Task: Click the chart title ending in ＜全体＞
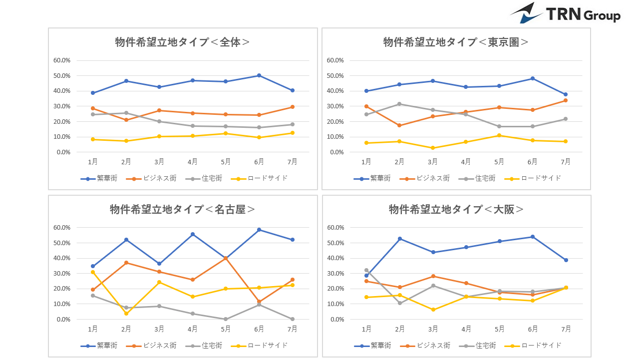[182, 42]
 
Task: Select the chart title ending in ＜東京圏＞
[456, 42]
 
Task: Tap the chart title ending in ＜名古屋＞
[182, 209]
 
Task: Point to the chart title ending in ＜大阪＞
[456, 209]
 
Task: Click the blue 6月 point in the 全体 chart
[259, 75]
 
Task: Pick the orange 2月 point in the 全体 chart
[126, 120]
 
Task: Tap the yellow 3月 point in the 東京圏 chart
[433, 148]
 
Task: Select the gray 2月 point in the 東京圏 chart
[399, 104]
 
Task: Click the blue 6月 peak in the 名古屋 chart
[259, 230]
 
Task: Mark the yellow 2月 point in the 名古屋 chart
[126, 314]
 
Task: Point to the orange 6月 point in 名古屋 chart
[259, 302]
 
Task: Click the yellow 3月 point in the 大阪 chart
[433, 310]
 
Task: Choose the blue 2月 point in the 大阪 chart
[399, 239]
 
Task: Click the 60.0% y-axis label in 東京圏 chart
[335, 60]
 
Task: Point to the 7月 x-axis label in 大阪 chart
[566, 329]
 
